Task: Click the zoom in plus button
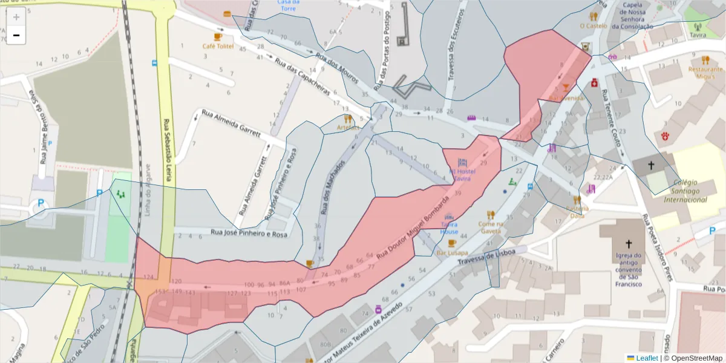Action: click(x=16, y=17)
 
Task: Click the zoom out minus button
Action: click(x=16, y=35)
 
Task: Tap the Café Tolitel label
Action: click(x=217, y=46)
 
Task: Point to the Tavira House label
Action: click(x=449, y=228)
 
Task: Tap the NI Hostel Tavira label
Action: click(x=463, y=175)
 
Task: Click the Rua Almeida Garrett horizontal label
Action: click(x=231, y=123)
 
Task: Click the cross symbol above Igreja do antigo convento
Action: click(x=629, y=244)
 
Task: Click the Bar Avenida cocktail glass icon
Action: click(x=565, y=88)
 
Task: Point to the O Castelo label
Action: click(x=594, y=26)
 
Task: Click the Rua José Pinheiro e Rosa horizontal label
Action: click(x=248, y=234)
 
